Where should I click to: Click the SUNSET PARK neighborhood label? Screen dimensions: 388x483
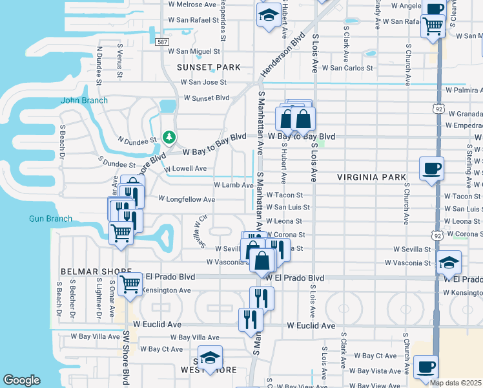[x=210, y=67]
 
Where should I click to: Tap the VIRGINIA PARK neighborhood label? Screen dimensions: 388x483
[x=371, y=177]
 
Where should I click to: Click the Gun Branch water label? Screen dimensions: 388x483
[x=50, y=219]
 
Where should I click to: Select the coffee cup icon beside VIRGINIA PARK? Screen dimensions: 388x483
[x=431, y=168]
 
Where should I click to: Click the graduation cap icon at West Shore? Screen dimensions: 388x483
[x=210, y=358]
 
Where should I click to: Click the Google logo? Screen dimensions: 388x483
[x=21, y=380]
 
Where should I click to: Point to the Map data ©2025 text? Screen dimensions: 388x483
[x=456, y=383]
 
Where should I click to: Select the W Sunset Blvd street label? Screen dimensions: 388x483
[x=207, y=98]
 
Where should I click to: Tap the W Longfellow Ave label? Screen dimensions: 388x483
[x=187, y=200]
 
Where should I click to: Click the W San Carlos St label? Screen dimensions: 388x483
[x=347, y=67]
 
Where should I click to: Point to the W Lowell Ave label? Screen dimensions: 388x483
[x=185, y=169]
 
